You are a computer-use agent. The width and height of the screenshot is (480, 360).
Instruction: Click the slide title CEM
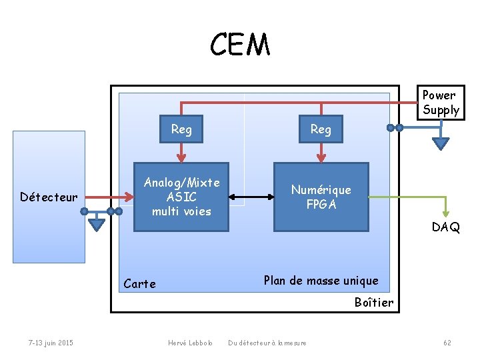pyautogui.click(x=240, y=45)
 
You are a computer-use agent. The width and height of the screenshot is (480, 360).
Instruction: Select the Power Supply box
pyautogui.click(x=440, y=103)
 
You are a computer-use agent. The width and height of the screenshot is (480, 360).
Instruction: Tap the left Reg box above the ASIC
pyautogui.click(x=181, y=129)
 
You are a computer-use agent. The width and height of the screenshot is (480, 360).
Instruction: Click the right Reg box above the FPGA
pyautogui.click(x=321, y=129)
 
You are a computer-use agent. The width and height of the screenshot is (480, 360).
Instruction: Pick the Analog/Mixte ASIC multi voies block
pyautogui.click(x=181, y=197)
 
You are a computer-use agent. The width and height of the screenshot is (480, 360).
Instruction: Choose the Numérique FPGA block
pyautogui.click(x=321, y=197)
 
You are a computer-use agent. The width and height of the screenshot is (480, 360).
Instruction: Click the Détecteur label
pyautogui.click(x=49, y=197)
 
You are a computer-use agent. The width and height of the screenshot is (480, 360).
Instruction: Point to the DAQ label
pyautogui.click(x=445, y=227)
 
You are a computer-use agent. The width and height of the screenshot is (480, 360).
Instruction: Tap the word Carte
pyautogui.click(x=140, y=284)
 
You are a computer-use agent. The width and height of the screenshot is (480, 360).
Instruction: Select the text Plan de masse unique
pyautogui.click(x=321, y=281)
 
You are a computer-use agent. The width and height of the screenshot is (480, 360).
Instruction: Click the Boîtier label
pyautogui.click(x=373, y=303)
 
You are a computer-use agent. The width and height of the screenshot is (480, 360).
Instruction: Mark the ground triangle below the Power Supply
pyautogui.click(x=441, y=143)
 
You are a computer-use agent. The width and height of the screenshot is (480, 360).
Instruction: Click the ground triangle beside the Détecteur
pyautogui.click(x=97, y=223)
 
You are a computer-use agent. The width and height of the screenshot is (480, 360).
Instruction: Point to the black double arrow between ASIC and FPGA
pyautogui.click(x=251, y=197)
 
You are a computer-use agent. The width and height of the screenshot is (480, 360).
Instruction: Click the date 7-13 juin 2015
pyautogui.click(x=51, y=343)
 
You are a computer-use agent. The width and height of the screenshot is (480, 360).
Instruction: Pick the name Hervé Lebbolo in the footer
pyautogui.click(x=190, y=343)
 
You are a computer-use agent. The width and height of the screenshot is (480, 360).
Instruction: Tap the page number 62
pyautogui.click(x=447, y=343)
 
